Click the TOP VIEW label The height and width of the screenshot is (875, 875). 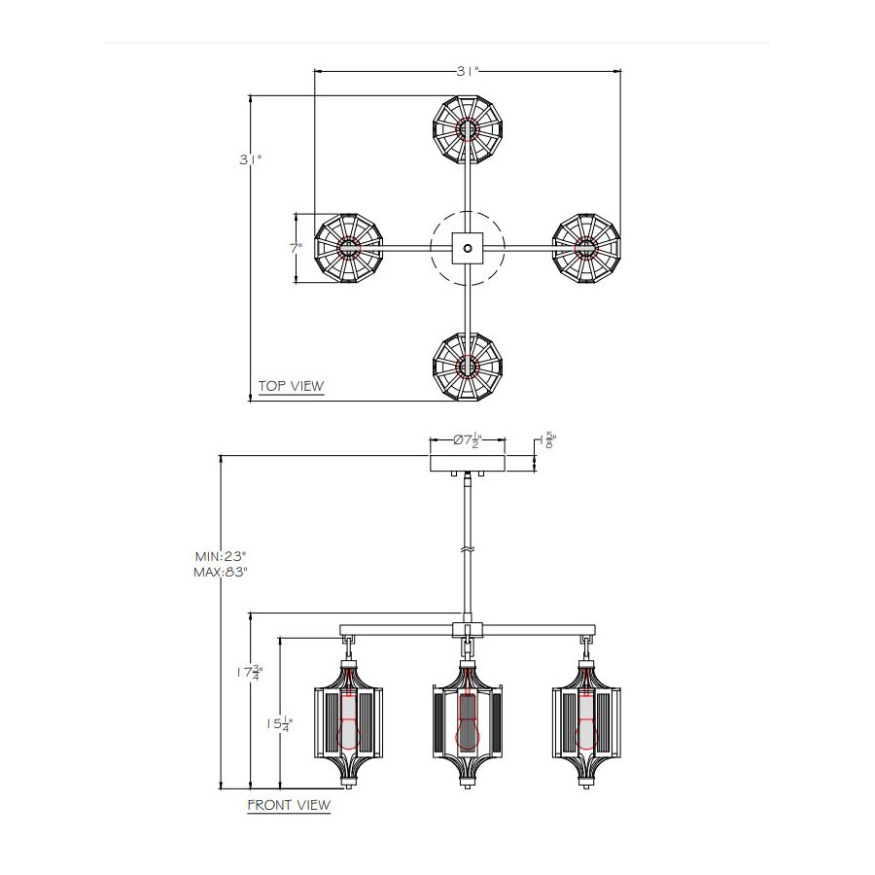291,386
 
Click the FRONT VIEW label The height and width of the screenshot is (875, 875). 289,805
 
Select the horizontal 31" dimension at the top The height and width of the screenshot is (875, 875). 468,71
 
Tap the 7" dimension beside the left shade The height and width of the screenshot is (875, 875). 296,248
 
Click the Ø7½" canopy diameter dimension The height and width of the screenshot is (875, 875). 467,439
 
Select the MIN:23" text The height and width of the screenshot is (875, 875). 221,556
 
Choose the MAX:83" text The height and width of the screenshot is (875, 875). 221,572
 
